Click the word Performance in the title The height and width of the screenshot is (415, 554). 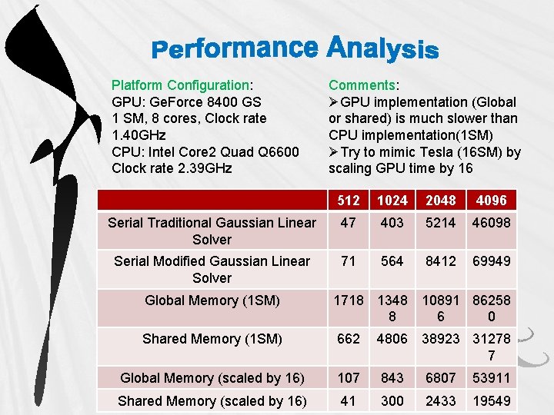point(234,49)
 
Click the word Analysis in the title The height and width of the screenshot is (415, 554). point(382,49)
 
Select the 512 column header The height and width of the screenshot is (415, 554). point(349,200)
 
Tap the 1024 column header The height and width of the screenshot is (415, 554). point(392,200)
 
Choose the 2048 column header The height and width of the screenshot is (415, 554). point(442,200)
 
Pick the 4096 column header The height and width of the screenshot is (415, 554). point(492,200)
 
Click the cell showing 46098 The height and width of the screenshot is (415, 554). point(492,223)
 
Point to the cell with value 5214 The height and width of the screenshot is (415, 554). point(442,223)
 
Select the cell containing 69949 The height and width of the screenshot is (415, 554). point(492,261)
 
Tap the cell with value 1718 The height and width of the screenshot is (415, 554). point(349,300)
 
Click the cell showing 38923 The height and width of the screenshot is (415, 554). point(442,339)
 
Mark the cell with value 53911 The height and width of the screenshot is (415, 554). point(492,378)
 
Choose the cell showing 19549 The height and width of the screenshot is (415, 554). point(492,401)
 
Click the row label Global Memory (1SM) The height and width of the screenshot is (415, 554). point(212,300)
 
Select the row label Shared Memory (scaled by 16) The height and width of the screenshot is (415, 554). point(212,401)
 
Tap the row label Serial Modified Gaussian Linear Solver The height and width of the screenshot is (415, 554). point(212,269)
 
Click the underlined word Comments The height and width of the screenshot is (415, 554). point(362,85)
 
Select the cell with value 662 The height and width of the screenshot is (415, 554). point(349,339)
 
